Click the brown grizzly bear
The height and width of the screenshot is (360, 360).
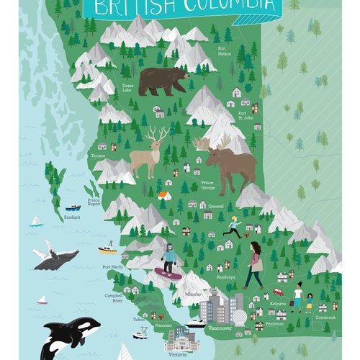tap(163, 81)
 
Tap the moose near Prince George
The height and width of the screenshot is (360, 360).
tap(229, 163)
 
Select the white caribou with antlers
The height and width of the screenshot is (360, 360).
tap(147, 152)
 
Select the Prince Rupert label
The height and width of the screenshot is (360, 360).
tap(94, 202)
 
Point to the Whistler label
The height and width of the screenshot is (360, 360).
tap(192, 294)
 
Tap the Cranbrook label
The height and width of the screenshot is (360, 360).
tap(325, 317)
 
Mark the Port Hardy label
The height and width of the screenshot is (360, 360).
tap(112, 267)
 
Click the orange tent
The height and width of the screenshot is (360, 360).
tap(165, 195)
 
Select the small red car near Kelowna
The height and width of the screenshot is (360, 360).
tap(278, 292)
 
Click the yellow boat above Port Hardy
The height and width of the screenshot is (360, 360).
tap(107, 249)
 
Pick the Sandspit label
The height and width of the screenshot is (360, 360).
tap(72, 217)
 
